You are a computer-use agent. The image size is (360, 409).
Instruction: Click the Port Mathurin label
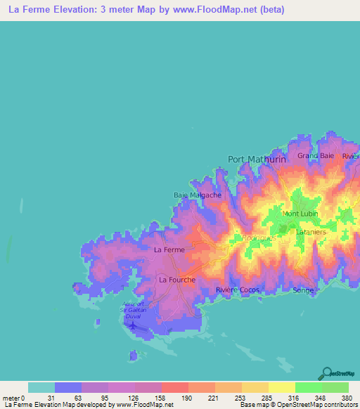click(257, 160)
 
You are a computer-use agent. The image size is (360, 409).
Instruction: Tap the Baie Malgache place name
click(198, 195)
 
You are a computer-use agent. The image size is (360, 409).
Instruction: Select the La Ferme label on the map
click(169, 249)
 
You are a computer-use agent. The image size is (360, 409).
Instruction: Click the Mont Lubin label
click(301, 214)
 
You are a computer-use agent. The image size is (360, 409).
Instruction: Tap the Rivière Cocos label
click(238, 290)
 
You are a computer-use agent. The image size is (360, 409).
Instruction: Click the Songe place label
click(303, 290)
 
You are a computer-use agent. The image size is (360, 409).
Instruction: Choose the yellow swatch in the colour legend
click(281, 387)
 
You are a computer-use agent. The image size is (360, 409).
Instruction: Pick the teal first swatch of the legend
click(41, 387)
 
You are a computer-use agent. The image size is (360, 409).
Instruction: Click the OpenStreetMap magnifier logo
click(328, 373)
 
